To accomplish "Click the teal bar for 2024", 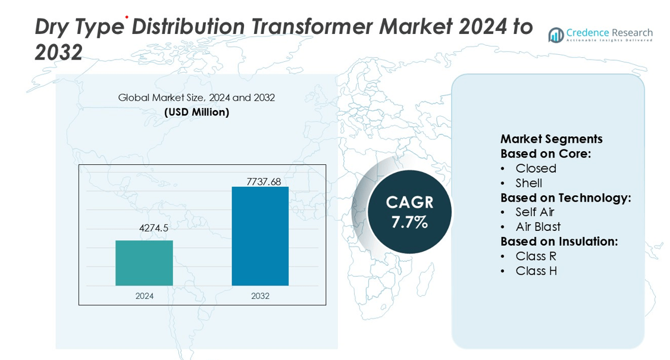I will pos(144,263).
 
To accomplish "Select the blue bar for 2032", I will pos(260,236).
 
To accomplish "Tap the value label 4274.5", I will pos(145,228).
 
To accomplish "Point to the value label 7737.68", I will pos(260,181).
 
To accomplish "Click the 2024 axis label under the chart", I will pos(145,296).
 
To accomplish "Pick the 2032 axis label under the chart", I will pos(260,296).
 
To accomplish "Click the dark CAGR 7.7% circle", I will pos(409,212).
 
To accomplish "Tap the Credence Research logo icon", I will pos(556,35).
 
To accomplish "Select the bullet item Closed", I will pos(536,168).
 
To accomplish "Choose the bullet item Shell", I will pos(528,183).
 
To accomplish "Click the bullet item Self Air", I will pos(535,212).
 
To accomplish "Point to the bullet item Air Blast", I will pos(538,227).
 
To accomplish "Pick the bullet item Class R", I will pos(536,256).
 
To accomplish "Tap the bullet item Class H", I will pos(536,271).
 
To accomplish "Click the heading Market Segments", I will pos(551,139).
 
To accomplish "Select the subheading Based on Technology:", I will pos(565,198).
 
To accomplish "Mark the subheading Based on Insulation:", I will pos(559,241).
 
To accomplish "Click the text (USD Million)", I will pos(196,112).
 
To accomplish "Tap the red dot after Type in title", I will pos(126,18).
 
